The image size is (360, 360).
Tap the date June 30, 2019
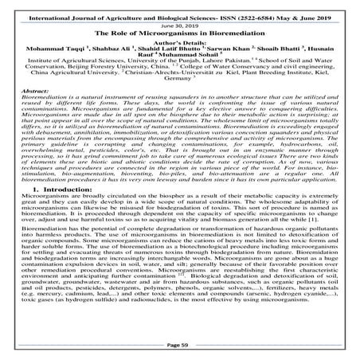pos(180,24)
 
